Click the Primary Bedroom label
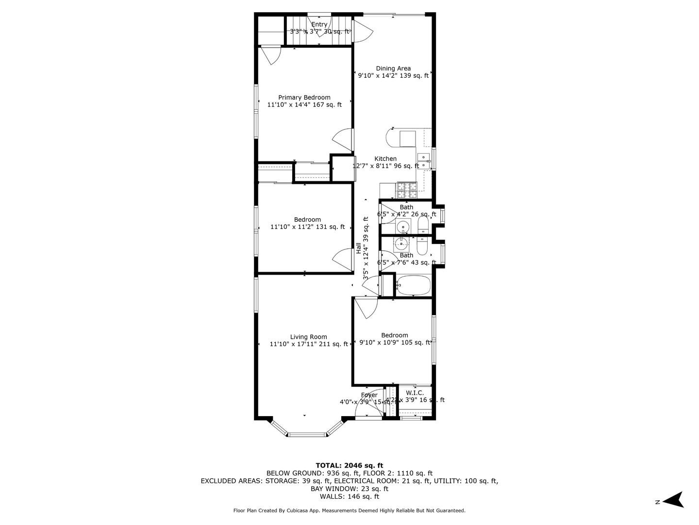[304, 98]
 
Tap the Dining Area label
[393, 69]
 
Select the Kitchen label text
[385, 159]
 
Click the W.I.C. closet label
[415, 393]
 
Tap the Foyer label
[369, 395]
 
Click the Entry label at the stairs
[319, 25]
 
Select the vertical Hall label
[358, 248]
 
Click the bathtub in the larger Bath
[413, 285]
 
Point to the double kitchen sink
[424, 161]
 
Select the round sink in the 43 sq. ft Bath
[402, 244]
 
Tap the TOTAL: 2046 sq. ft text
[349, 465]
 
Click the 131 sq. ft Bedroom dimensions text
[307, 227]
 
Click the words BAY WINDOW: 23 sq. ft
[349, 489]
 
